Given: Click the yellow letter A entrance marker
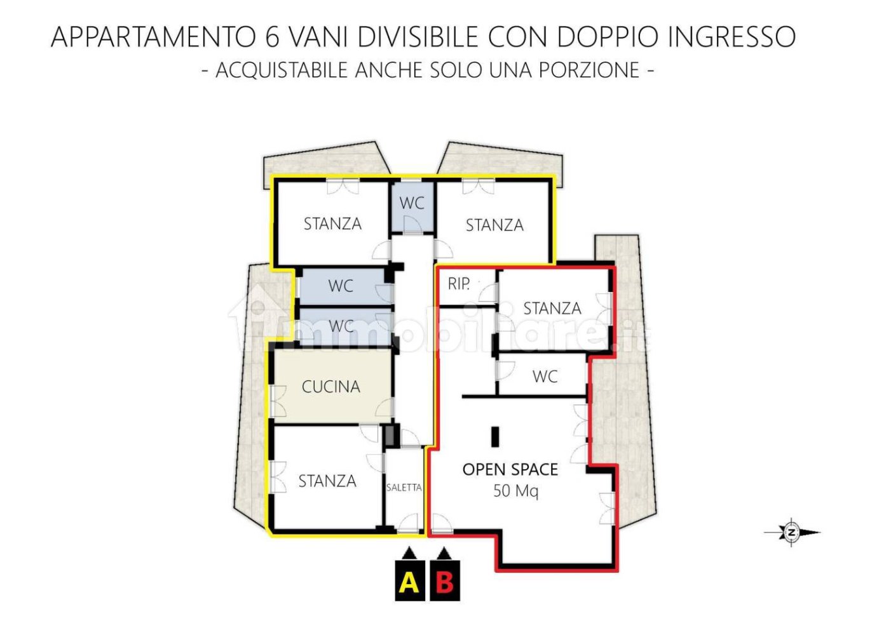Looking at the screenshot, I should tap(409, 581).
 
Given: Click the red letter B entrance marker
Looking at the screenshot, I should tap(445, 581).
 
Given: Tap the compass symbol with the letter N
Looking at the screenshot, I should tap(792, 533).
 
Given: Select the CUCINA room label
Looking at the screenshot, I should tap(330, 387).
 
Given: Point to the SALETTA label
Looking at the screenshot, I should tap(404, 488).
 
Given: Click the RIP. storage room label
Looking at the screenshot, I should tap(459, 284).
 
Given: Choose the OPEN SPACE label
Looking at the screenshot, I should tap(510, 469).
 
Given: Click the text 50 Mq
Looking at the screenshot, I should tap(515, 491).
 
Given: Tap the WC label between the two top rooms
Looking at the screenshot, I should tap(412, 203).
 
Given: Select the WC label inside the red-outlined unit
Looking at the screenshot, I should tap(545, 377).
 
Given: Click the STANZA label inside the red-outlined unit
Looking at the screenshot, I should tap(552, 309).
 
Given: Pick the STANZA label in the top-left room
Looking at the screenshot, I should tap(332, 224).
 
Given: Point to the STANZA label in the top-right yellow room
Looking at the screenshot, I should tap(494, 225).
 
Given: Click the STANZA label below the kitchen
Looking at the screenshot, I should tap(327, 481).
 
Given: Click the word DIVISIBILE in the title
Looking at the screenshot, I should tap(418, 37).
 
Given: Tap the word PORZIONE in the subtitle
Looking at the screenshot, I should tap(589, 70).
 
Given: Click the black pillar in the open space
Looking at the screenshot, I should tap(495, 436).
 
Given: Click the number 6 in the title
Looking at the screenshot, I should tap(272, 37).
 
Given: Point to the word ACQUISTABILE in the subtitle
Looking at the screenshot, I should tap(283, 70).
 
